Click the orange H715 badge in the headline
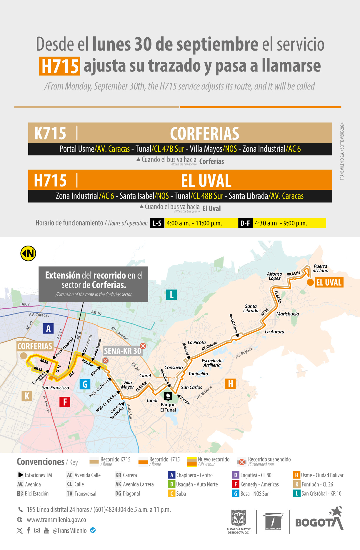pyautogui.click(x=60, y=66)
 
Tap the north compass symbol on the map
pyautogui.click(x=28, y=253)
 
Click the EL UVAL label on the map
pyautogui.click(x=329, y=283)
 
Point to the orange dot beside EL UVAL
pyautogui.click(x=310, y=282)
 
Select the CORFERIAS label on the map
pyautogui.click(x=35, y=346)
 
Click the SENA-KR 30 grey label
pyautogui.click(x=123, y=351)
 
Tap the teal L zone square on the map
pyautogui.click(x=171, y=294)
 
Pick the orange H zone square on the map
pyautogui.click(x=230, y=384)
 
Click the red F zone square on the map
pyautogui.click(x=65, y=402)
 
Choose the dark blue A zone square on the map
pyautogui.click(x=48, y=328)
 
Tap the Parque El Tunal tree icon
pyautogui.click(x=168, y=396)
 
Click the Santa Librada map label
pyautogui.click(x=251, y=309)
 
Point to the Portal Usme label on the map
pyautogui.click(x=233, y=323)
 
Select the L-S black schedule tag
pyautogui.click(x=157, y=223)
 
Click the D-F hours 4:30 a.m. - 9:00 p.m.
pyautogui.click(x=281, y=223)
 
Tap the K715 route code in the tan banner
pyautogui.click(x=50, y=133)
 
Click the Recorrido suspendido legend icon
pyautogui.click(x=241, y=462)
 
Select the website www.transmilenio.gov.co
pyautogui.click(x=56, y=520)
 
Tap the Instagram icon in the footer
pyautogui.click(x=37, y=530)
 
